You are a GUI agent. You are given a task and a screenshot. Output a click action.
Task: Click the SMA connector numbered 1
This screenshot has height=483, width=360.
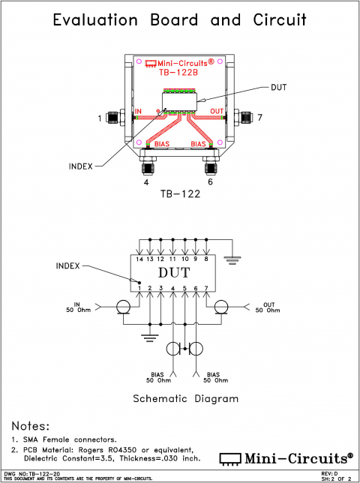click(x=114, y=118)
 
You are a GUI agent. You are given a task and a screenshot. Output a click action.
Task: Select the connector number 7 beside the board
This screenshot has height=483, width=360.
click(x=259, y=118)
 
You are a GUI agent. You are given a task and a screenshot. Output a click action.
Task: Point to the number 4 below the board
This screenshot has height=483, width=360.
click(x=147, y=181)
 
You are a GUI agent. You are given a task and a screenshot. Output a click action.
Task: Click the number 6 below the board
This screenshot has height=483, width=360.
click(x=211, y=181)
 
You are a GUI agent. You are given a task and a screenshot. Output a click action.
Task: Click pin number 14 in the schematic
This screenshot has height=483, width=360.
click(x=139, y=259)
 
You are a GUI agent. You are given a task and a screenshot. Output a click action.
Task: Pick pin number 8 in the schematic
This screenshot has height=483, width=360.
click(x=206, y=259)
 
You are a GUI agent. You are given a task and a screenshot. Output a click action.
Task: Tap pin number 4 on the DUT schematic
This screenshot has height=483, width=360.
click(x=173, y=289)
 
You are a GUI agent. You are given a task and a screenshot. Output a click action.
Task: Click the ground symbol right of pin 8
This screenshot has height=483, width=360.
click(x=235, y=260)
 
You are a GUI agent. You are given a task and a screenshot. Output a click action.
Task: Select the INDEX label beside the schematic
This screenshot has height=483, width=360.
click(x=70, y=266)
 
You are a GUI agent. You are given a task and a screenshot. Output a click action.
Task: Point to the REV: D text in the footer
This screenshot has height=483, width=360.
click(x=330, y=474)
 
